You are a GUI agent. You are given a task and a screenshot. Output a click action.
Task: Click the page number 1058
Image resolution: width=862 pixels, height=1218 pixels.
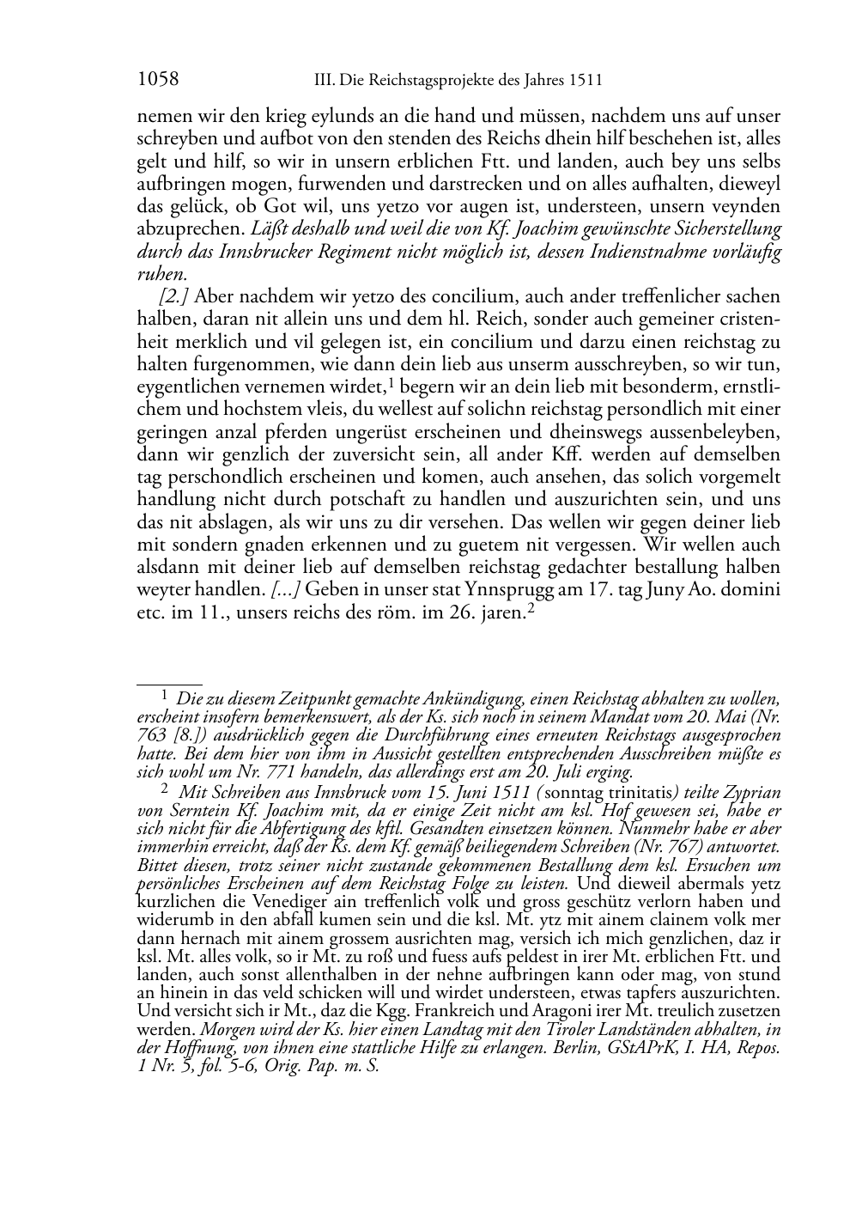click(x=158, y=80)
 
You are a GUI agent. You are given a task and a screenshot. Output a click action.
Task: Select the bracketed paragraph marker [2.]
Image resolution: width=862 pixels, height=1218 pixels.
click(x=174, y=297)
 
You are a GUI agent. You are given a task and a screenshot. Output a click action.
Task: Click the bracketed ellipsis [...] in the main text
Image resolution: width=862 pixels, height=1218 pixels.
click(x=285, y=589)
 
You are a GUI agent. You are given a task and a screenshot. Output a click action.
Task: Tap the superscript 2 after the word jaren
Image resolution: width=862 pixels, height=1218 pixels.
click(x=531, y=607)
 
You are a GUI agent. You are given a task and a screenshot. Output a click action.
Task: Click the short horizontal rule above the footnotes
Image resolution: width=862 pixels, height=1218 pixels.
click(x=169, y=685)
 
